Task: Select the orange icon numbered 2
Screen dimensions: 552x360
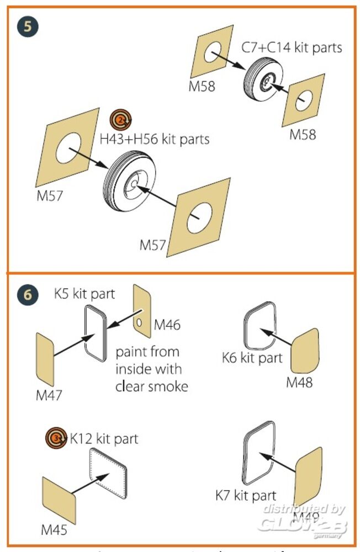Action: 120,118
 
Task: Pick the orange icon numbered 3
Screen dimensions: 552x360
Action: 57,439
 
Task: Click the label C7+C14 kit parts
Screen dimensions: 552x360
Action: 292,47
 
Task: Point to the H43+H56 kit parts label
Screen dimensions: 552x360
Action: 155,139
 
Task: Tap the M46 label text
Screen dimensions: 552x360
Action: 167,325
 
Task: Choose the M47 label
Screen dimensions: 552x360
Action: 49,395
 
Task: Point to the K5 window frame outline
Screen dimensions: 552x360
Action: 96,333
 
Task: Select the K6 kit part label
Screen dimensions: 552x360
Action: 252,358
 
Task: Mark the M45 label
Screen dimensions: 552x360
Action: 54,530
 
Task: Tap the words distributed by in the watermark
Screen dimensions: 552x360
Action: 304,509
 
